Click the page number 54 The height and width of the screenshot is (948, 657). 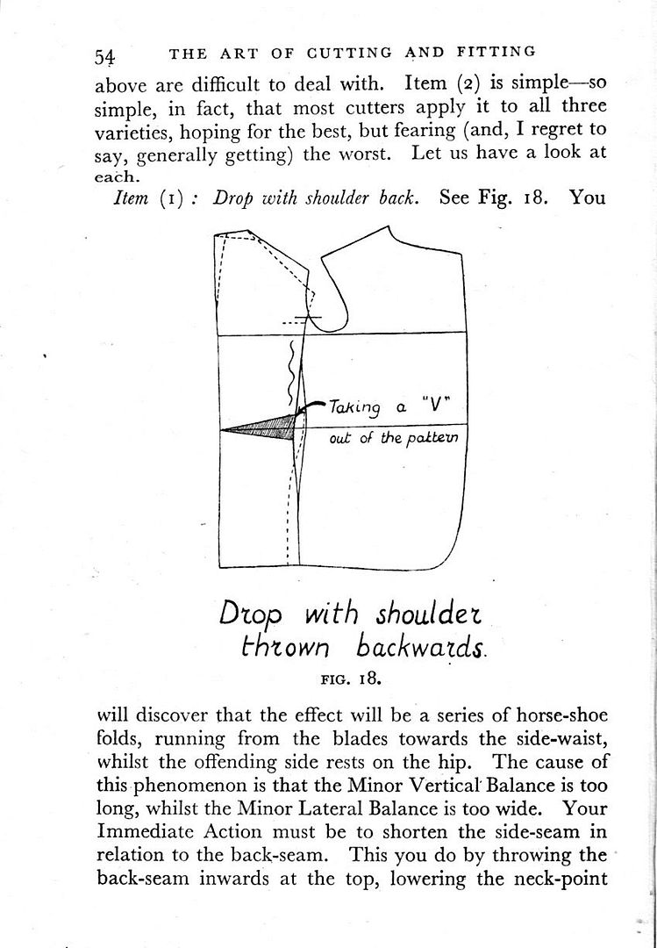(105, 56)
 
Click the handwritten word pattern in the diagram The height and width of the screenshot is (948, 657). (430, 438)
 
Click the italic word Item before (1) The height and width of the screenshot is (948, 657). (135, 197)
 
